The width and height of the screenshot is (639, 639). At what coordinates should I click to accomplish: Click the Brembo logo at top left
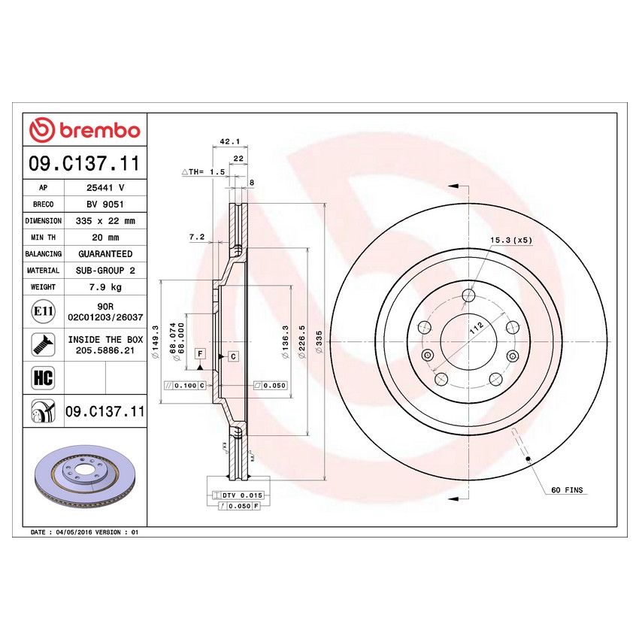click(84, 130)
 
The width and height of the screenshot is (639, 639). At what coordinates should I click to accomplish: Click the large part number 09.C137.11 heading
click(84, 164)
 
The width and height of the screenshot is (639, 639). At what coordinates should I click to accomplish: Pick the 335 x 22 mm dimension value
click(105, 221)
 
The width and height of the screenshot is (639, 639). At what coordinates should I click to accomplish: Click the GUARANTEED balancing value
click(104, 254)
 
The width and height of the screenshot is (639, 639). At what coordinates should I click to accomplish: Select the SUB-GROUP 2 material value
click(105, 271)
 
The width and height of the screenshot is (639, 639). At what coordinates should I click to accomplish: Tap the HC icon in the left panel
click(43, 378)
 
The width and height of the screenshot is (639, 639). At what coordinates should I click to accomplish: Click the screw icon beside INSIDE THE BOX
click(42, 344)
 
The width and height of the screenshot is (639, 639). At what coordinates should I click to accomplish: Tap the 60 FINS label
click(566, 489)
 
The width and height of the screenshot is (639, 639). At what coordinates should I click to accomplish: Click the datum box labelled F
click(200, 353)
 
